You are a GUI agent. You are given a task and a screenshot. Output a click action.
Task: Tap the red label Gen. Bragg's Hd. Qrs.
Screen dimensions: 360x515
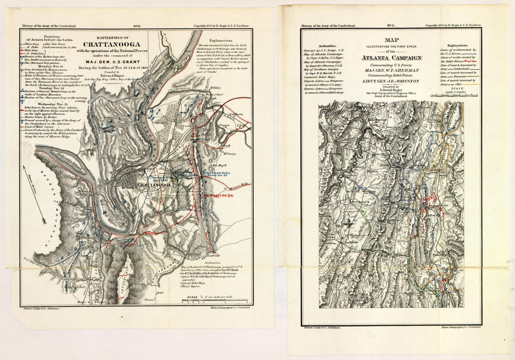click(x=218, y=195)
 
